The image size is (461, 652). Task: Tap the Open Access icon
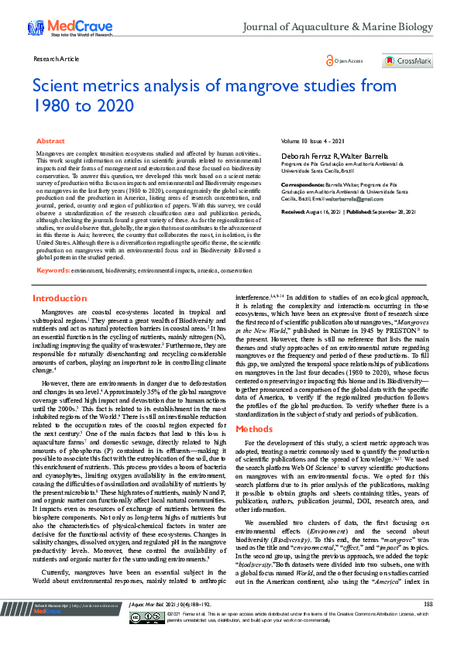[x=331, y=60]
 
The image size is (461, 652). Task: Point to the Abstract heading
[x=51, y=142]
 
